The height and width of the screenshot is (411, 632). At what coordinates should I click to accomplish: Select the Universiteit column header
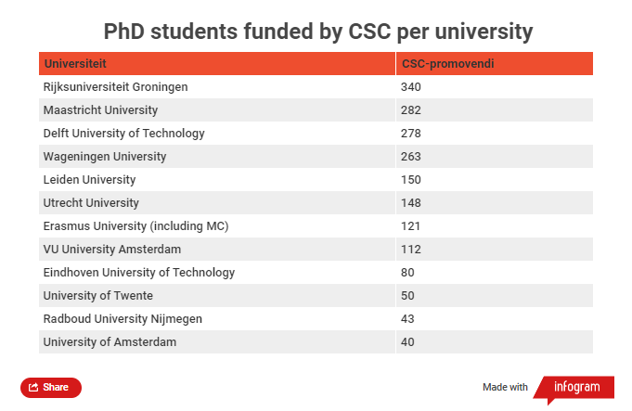click(x=75, y=64)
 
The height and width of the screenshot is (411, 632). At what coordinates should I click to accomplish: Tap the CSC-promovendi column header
click(x=446, y=64)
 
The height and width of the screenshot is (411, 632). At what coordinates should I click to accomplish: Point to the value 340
click(x=411, y=87)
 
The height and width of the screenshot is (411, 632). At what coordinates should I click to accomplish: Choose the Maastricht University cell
click(x=100, y=110)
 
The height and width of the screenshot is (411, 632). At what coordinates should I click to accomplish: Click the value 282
click(x=411, y=110)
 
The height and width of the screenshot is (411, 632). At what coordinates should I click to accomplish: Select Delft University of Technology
click(x=123, y=134)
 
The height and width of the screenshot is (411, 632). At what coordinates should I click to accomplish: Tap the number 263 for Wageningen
click(x=411, y=157)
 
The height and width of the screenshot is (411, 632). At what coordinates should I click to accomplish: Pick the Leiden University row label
click(x=89, y=180)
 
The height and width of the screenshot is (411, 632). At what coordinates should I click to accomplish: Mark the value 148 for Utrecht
click(x=411, y=203)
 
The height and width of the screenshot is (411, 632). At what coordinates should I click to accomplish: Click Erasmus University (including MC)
click(x=135, y=226)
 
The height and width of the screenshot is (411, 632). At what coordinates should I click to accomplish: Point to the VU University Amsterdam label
click(x=111, y=250)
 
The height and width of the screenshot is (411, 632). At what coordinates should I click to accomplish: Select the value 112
click(x=411, y=250)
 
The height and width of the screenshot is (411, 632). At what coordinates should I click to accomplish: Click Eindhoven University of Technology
click(x=138, y=273)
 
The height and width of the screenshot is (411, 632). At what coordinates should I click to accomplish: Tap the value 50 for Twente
click(x=407, y=296)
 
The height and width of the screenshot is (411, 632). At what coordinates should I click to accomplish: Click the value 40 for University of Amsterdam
click(x=407, y=342)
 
